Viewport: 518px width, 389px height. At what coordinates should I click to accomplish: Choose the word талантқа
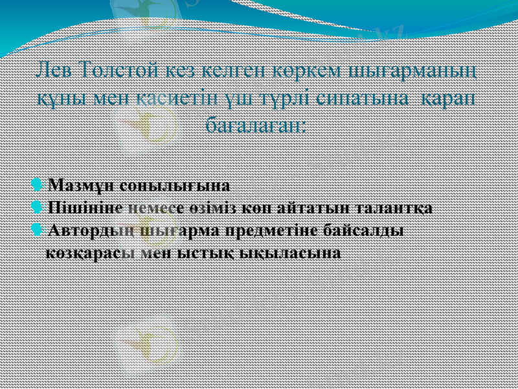[x=394, y=208]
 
